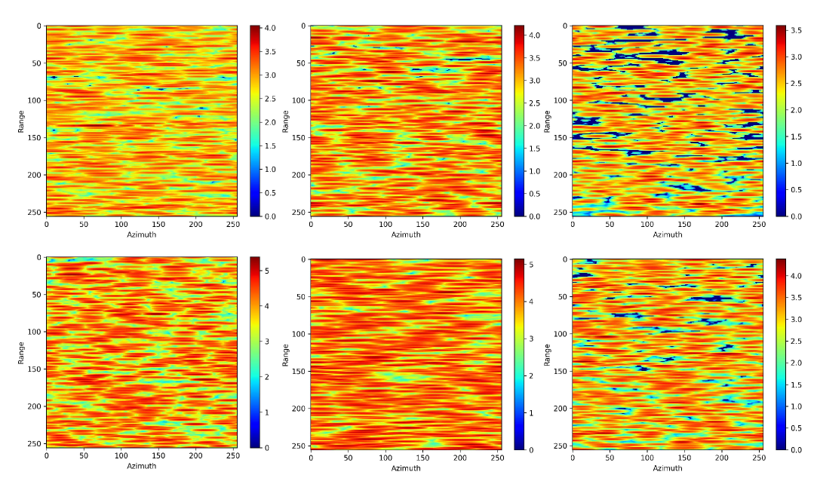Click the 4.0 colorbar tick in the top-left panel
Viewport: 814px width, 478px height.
point(269,28)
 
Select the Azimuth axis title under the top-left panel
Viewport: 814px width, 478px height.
point(141,234)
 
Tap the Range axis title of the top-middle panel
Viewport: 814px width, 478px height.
point(285,121)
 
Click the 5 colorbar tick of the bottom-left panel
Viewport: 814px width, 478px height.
point(267,270)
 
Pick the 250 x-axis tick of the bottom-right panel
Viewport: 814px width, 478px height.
point(758,457)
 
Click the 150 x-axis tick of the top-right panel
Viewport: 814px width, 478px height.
point(684,225)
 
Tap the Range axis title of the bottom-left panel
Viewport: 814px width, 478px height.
point(21,353)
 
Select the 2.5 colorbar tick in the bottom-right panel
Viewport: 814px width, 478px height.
point(796,341)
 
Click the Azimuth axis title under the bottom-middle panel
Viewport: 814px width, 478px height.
point(405,467)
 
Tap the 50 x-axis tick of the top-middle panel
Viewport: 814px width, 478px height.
point(348,225)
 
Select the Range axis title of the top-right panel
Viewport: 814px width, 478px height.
point(548,121)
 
